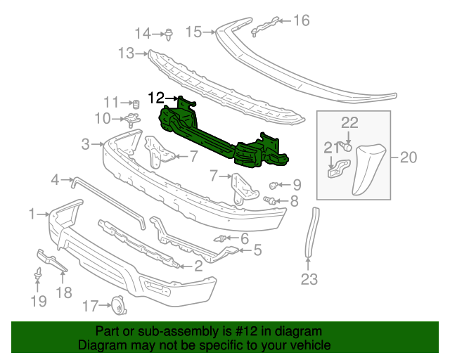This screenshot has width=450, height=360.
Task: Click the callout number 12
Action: pyautogui.click(x=155, y=97)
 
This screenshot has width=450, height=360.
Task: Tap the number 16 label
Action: pyautogui.click(x=301, y=20)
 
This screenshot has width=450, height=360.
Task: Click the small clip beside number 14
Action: pyautogui.click(x=169, y=33)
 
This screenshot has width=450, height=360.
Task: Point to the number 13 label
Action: pyautogui.click(x=126, y=53)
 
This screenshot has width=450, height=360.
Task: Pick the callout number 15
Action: pyautogui.click(x=193, y=32)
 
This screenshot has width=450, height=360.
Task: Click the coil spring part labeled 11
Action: pyautogui.click(x=136, y=104)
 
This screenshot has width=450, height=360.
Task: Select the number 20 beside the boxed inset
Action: pyautogui.click(x=409, y=158)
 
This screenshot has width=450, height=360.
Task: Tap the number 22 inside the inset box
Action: pyautogui.click(x=349, y=122)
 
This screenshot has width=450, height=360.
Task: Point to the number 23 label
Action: pyautogui.click(x=309, y=281)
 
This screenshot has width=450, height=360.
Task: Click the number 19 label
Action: pyautogui.click(x=39, y=301)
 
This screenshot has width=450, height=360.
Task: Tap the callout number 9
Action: pyautogui.click(x=297, y=186)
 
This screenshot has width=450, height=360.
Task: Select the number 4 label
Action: pyautogui.click(x=56, y=181)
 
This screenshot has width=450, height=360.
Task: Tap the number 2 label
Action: pyautogui.click(x=198, y=266)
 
